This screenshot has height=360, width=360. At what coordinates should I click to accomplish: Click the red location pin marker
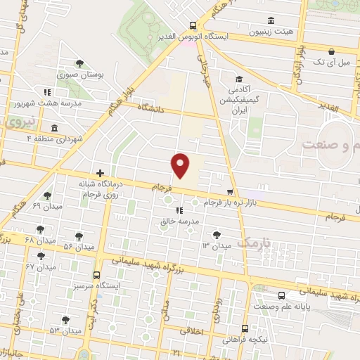(x=181, y=165)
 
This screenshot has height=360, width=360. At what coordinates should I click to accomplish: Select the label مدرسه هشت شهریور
(x=44, y=103)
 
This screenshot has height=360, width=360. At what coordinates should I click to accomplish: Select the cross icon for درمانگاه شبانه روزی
(x=100, y=172)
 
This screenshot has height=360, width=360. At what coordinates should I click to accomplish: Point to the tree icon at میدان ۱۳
(x=217, y=234)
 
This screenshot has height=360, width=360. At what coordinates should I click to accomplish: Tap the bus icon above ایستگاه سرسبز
(x=96, y=275)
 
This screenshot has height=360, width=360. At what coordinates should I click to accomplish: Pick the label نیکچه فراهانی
(x=245, y=339)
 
